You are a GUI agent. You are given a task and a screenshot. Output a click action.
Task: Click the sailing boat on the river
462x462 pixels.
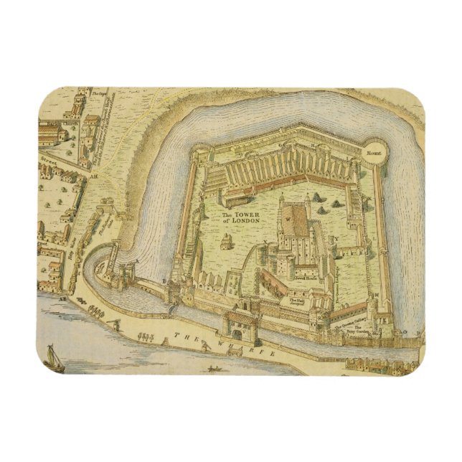(x=52, y=357)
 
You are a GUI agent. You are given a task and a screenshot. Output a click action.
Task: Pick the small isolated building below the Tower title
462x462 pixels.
(x=227, y=243)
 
